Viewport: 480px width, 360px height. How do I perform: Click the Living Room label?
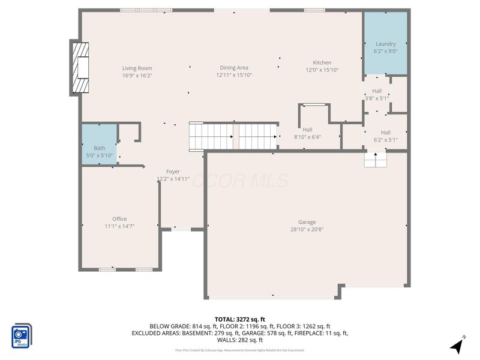pyautogui.click(x=137, y=68)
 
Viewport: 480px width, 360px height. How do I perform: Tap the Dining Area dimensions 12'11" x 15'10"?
pyautogui.click(x=233, y=76)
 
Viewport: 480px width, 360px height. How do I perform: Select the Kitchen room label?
pyautogui.click(x=322, y=62)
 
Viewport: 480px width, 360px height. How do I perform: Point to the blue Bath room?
pyautogui.click(x=99, y=143)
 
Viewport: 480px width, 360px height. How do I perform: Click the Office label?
pyautogui.click(x=119, y=219)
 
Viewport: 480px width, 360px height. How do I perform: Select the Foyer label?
pyautogui.click(x=173, y=172)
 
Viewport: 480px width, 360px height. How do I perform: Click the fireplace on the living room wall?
pyautogui.click(x=79, y=67)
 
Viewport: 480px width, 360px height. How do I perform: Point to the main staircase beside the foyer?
pyautogui.click(x=234, y=136)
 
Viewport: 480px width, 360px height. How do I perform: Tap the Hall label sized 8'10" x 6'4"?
pyautogui.click(x=307, y=130)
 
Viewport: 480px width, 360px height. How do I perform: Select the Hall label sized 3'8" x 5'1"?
pyautogui.click(x=377, y=91)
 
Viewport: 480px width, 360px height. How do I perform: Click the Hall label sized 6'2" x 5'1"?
pyautogui.click(x=385, y=133)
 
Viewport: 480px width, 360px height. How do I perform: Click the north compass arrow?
pyautogui.click(x=458, y=345)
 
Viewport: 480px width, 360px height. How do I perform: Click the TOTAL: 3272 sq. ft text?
pyautogui.click(x=239, y=319)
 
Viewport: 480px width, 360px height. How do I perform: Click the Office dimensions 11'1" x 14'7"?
pyautogui.click(x=119, y=226)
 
